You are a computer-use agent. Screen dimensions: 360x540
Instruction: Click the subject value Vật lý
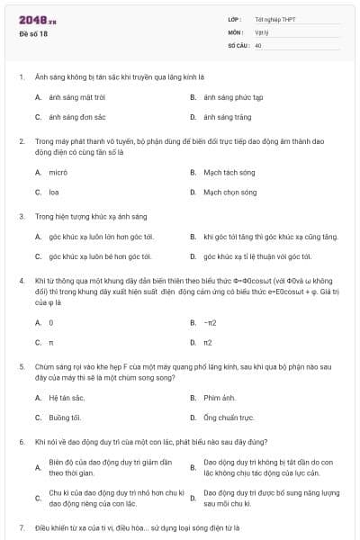click(262, 31)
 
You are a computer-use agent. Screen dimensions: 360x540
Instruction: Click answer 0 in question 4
click(50, 321)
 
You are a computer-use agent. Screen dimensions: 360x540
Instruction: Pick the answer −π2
click(210, 321)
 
